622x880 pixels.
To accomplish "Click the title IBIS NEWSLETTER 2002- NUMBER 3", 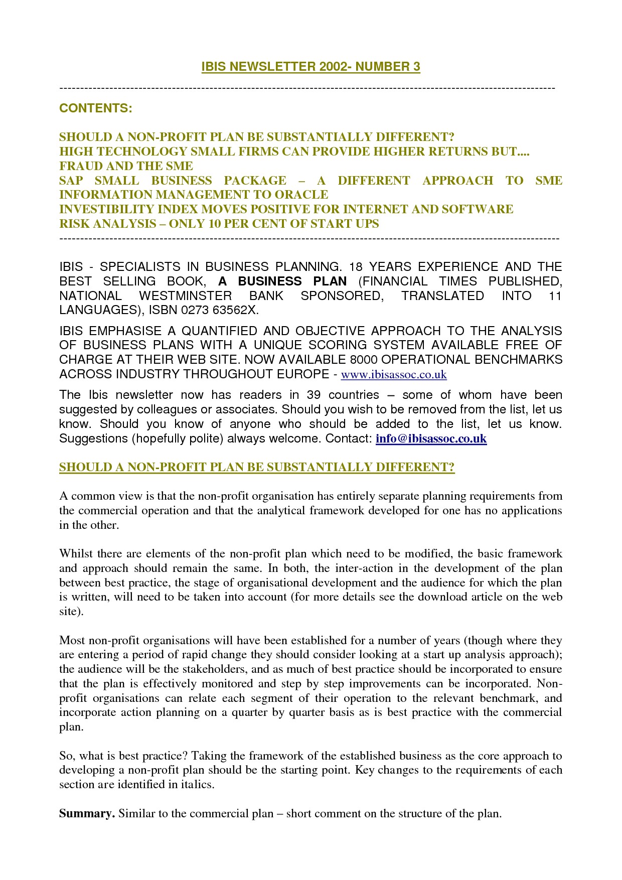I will [x=310, y=67].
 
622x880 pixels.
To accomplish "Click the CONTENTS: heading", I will [x=95, y=108].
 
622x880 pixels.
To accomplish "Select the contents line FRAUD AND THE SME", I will [x=126, y=166].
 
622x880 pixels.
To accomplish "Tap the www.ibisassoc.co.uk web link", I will [x=394, y=374].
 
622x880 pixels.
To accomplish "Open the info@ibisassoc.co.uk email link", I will [x=431, y=438].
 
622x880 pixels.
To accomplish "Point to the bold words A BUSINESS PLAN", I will [x=282, y=281].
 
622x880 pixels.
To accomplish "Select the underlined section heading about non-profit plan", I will [x=257, y=467].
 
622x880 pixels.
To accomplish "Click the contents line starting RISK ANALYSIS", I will [x=219, y=224].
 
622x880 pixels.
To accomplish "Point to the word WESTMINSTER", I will [x=185, y=296].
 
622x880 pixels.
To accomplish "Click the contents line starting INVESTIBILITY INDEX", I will [x=286, y=209].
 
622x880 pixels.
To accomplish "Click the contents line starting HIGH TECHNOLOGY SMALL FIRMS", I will [x=294, y=152].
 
